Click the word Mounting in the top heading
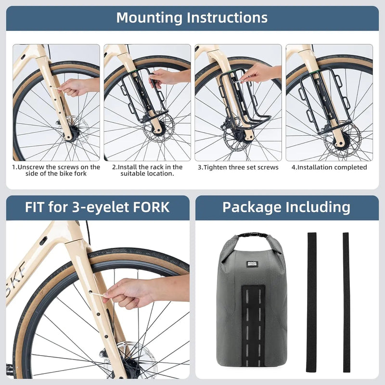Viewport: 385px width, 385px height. coord(149,18)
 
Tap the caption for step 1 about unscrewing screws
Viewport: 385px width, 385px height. coord(56,170)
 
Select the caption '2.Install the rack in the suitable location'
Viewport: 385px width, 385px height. coord(147,170)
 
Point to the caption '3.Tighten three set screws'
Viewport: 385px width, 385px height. coord(238,167)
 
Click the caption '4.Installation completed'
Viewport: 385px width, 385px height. coord(329,167)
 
